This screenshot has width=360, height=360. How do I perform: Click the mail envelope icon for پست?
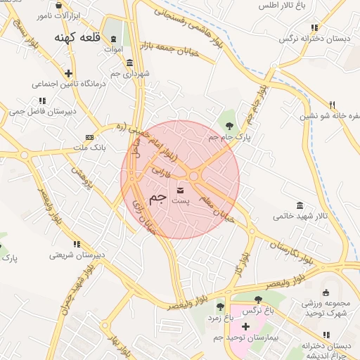point(180,190)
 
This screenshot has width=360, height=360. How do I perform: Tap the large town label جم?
point(158,198)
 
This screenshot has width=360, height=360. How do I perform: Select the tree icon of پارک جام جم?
point(230,125)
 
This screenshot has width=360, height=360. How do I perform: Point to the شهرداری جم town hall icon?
point(129,63)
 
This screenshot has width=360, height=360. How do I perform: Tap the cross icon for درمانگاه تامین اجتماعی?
point(68,73)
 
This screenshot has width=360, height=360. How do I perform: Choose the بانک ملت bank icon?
point(89,137)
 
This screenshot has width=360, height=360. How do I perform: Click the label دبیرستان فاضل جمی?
point(41,111)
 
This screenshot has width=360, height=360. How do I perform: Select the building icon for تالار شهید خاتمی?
point(300,205)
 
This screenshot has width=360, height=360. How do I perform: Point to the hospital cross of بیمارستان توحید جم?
point(245,327)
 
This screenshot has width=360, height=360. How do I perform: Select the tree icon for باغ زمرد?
point(220,307)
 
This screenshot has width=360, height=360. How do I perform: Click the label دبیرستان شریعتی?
point(77,255)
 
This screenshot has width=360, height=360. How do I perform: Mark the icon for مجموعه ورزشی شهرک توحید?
point(325,292)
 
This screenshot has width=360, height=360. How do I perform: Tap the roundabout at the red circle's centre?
point(193,176)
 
